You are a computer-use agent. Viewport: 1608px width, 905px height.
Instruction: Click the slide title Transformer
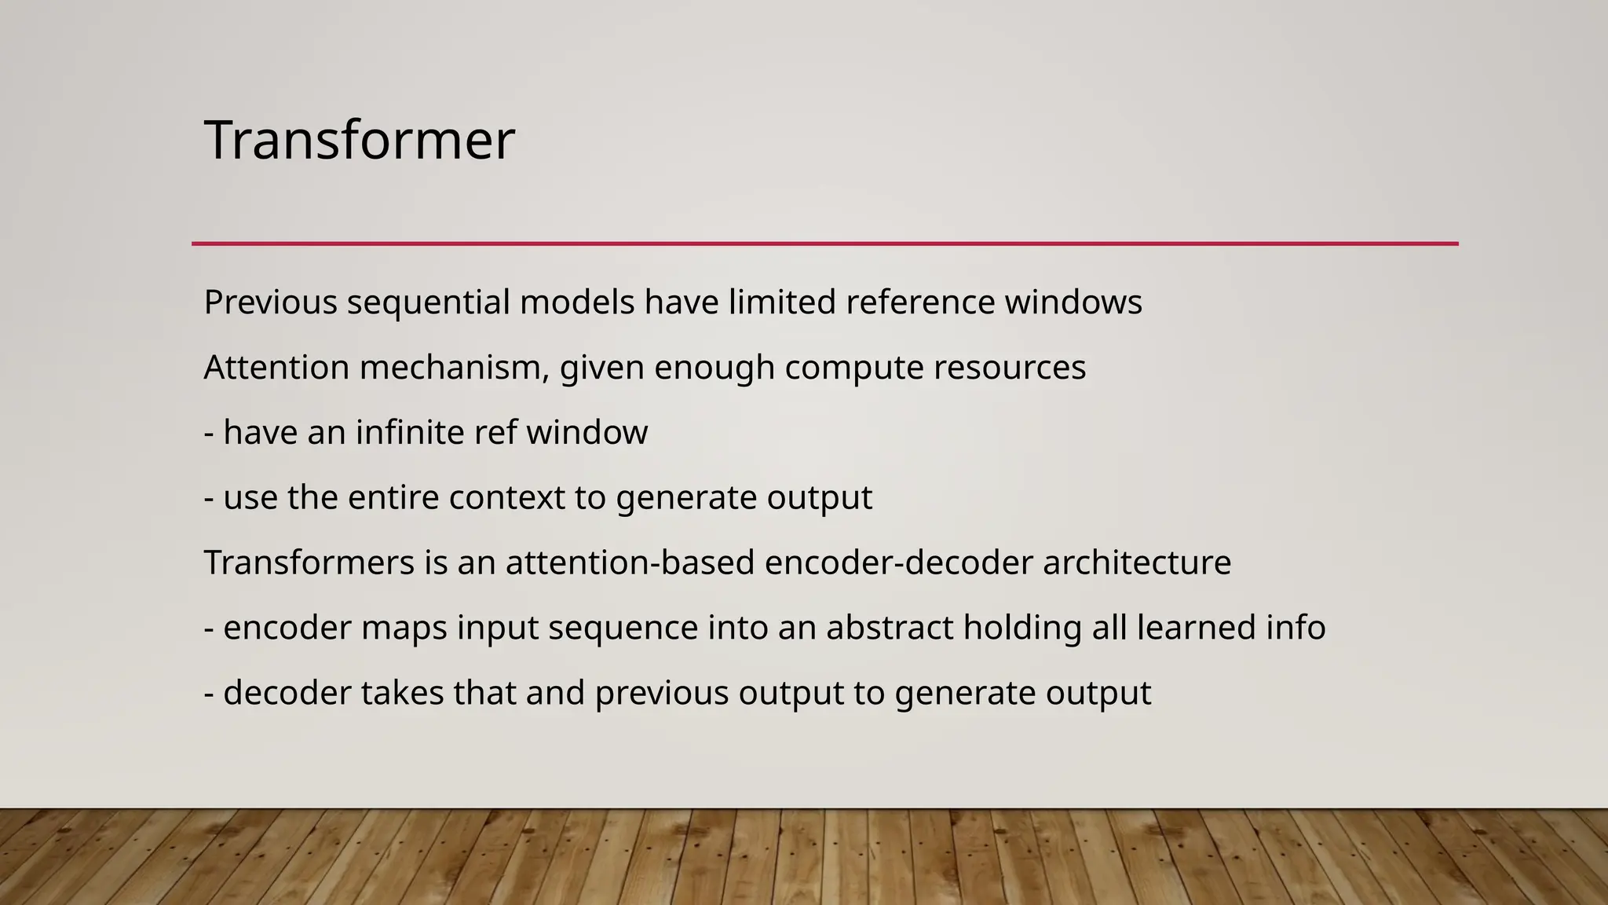coord(359,140)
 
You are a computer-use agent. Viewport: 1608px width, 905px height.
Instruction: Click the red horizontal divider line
coord(824,244)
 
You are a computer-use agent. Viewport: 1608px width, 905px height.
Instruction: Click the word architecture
coord(1137,562)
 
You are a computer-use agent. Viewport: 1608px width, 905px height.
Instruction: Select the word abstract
coord(890,628)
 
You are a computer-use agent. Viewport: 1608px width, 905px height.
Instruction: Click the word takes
coord(402,693)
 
